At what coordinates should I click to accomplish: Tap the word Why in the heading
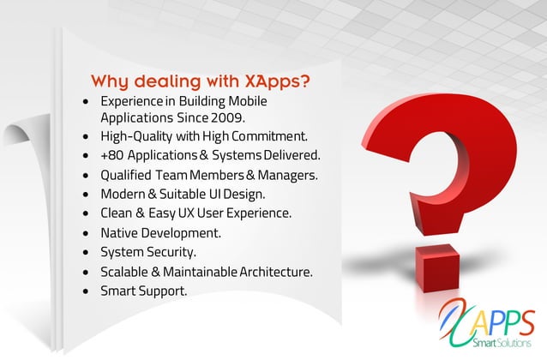tap(111, 82)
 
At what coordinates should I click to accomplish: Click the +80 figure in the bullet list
tap(112, 156)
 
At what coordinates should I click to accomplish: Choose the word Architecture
tap(273, 271)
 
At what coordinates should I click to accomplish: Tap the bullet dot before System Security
tap(86, 253)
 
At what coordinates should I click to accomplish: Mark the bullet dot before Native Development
tap(86, 233)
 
